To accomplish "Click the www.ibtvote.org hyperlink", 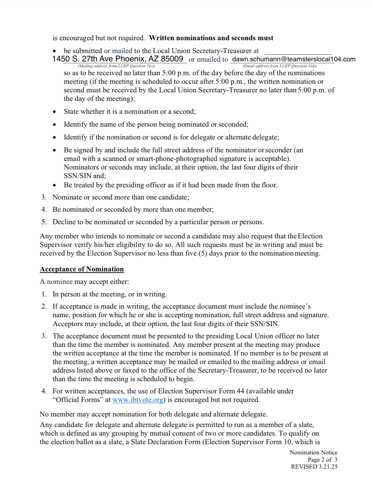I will pyautogui.click(x=138, y=400).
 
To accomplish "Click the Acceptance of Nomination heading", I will pyautogui.click(x=82, y=269).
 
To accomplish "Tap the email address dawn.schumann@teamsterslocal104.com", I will pyautogui.click(x=294, y=59).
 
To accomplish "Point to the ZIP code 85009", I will pyautogui.click(x=172, y=59).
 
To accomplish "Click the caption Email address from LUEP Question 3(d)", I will pyautogui.click(x=279, y=66).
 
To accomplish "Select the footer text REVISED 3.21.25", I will pyautogui.click(x=314, y=467).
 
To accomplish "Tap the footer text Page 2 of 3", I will pyautogui.click(x=322, y=460).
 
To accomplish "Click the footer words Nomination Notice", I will pyautogui.click(x=313, y=452).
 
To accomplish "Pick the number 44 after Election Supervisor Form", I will pyautogui.click(x=240, y=391).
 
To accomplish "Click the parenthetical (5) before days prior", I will pyautogui.click(x=202, y=254).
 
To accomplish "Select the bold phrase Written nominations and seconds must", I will pyautogui.click(x=211, y=38).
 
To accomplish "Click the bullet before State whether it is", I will pyautogui.click(x=54, y=112).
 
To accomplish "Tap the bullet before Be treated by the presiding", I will pyautogui.click(x=54, y=185).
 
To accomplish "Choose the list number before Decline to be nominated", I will pyautogui.click(x=44, y=222).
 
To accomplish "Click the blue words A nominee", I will pyautogui.click(x=56, y=282).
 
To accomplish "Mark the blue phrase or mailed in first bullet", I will pyautogui.click(x=118, y=51).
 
